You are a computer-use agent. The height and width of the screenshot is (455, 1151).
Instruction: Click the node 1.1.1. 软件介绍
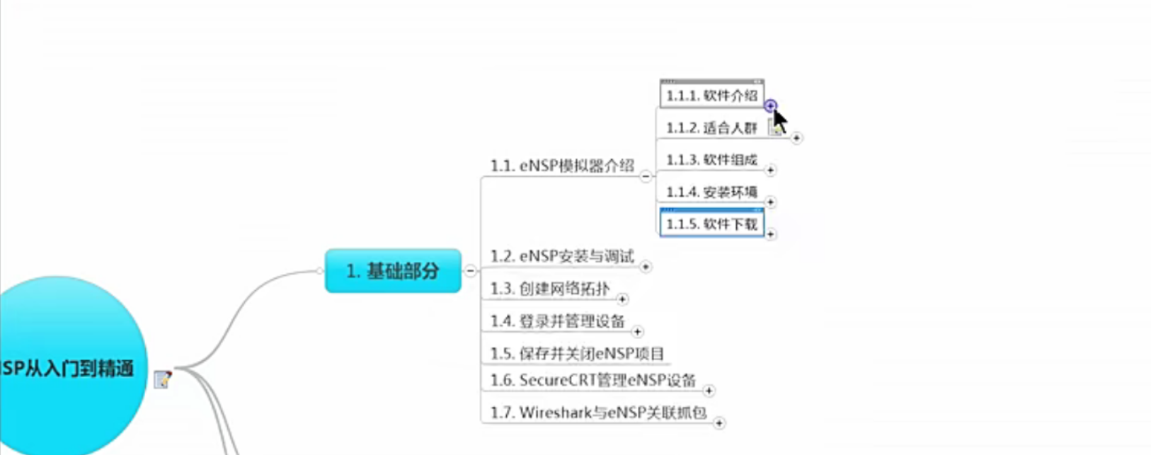click(711, 96)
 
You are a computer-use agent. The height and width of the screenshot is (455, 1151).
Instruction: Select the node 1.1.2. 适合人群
click(711, 128)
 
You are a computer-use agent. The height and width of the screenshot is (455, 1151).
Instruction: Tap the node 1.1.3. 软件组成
click(711, 160)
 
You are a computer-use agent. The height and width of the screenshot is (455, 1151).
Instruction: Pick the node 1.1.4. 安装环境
click(711, 192)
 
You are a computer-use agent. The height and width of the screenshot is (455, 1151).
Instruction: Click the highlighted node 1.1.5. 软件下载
click(711, 224)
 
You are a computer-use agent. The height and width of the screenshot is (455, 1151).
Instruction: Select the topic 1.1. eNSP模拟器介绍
click(562, 166)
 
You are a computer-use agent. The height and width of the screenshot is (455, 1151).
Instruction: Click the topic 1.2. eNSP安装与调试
click(562, 256)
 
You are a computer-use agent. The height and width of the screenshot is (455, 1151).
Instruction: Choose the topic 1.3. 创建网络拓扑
click(549, 289)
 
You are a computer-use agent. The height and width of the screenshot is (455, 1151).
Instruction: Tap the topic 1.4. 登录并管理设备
click(557, 321)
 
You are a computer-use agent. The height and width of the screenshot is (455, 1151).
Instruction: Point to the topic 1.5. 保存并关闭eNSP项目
click(577, 354)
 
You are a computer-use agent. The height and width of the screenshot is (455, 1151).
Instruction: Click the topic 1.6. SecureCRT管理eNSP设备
click(592, 381)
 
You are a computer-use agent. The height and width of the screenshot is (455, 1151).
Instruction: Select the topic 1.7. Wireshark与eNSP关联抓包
click(598, 413)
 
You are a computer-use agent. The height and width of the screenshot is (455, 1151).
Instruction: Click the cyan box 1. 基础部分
click(393, 270)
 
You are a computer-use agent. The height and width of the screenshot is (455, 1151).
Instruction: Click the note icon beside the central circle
click(163, 379)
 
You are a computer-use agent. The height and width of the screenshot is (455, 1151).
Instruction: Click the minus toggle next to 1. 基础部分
click(471, 270)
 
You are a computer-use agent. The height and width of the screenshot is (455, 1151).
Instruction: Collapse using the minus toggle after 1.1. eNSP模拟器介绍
click(646, 176)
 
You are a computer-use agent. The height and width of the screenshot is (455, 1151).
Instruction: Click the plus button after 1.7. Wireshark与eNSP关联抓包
click(719, 423)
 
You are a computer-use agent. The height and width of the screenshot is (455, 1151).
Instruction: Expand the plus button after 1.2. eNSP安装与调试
click(646, 267)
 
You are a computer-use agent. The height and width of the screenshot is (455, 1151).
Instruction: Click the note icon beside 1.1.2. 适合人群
click(777, 127)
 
